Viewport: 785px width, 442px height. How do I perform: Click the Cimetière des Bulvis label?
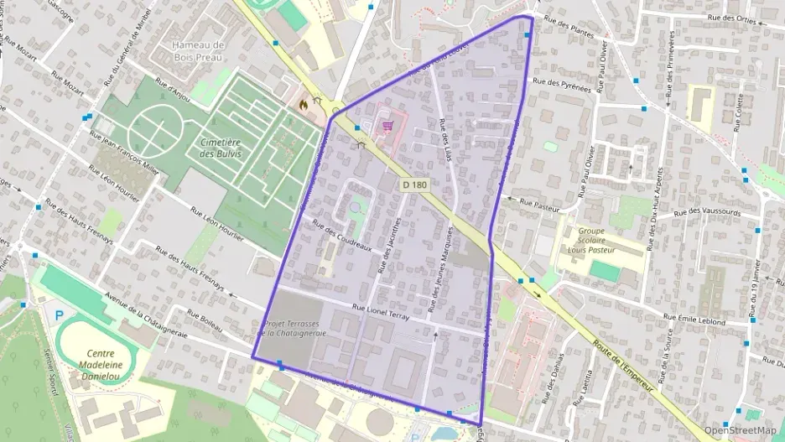(x=221, y=148)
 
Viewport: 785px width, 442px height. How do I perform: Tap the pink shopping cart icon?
(x=387, y=127)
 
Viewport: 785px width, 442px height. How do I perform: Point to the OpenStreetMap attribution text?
(x=740, y=430)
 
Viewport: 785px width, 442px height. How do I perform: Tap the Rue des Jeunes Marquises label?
(x=435, y=262)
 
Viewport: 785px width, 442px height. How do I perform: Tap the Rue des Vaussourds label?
(x=707, y=212)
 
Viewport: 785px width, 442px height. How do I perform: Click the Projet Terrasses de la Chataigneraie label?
(x=294, y=328)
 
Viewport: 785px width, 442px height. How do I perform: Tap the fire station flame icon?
(x=302, y=104)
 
